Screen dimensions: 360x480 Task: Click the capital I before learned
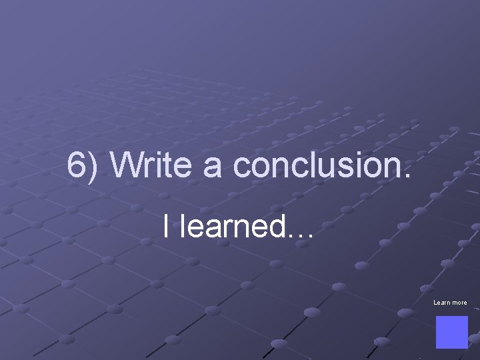(165, 227)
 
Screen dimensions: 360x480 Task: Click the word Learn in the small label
(441, 303)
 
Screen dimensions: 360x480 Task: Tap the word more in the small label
(459, 303)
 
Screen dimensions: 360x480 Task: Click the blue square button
(451, 332)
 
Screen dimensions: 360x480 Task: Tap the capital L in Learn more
(435, 303)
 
